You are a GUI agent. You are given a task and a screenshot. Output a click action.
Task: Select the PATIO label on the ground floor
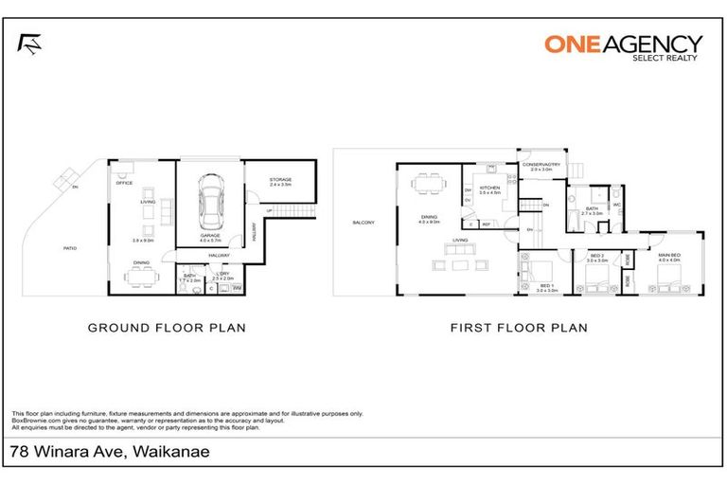(70, 248)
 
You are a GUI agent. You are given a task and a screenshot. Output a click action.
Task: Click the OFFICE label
(124, 183)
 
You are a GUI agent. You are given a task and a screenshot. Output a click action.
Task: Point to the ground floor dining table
(143, 276)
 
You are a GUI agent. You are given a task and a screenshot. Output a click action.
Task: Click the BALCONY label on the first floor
(364, 223)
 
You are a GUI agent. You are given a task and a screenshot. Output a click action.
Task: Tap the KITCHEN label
(488, 189)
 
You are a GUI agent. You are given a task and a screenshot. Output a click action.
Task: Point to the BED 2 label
(597, 256)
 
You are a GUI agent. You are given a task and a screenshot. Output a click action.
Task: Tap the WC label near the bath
(616, 204)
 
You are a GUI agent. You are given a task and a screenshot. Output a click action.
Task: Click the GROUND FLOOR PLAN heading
(167, 328)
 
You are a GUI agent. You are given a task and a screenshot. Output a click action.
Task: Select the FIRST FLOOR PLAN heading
(519, 328)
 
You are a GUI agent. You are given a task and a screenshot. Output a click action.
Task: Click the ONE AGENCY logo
(623, 46)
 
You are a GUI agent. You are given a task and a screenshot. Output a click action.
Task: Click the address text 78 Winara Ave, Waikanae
(110, 452)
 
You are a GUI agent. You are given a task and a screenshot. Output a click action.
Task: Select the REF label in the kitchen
(487, 225)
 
